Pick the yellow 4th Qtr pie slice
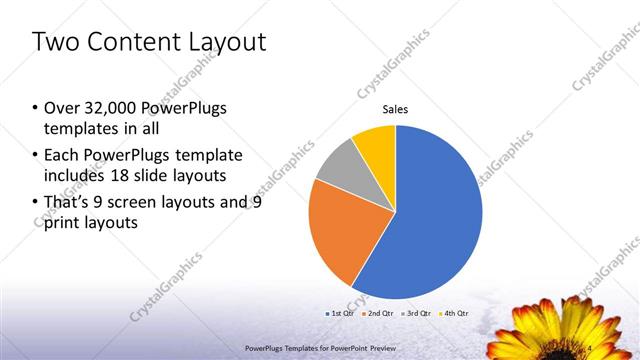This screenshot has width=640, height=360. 375,143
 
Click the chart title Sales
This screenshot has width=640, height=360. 395,109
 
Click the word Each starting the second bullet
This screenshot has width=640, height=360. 61,155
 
